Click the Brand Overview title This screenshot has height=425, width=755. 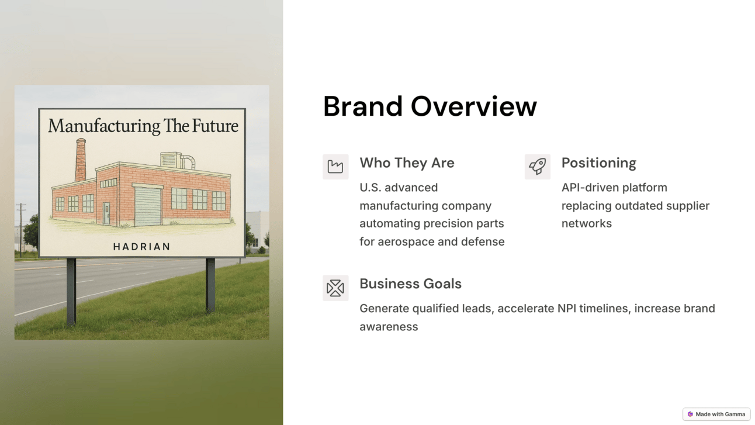tap(430, 106)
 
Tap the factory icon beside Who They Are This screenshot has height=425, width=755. tap(335, 167)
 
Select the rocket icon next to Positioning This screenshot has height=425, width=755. tap(537, 167)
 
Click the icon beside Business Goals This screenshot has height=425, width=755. tap(335, 288)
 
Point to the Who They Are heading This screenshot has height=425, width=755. tap(407, 163)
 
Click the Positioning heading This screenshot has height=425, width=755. tap(598, 163)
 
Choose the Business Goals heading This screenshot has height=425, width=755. tap(410, 284)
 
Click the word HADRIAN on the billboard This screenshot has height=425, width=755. tap(141, 247)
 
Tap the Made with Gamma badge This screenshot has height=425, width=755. tap(716, 414)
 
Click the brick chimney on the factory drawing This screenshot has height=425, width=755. tap(81, 160)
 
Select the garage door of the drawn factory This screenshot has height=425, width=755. tap(148, 206)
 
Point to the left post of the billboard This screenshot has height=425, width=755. tap(71, 292)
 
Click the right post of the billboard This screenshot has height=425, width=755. tap(210, 285)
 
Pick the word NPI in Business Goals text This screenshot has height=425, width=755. tap(567, 309)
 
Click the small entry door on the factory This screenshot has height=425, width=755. tap(106, 213)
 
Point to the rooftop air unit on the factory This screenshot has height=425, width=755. tap(171, 159)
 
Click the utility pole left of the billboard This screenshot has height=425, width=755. tap(21, 229)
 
